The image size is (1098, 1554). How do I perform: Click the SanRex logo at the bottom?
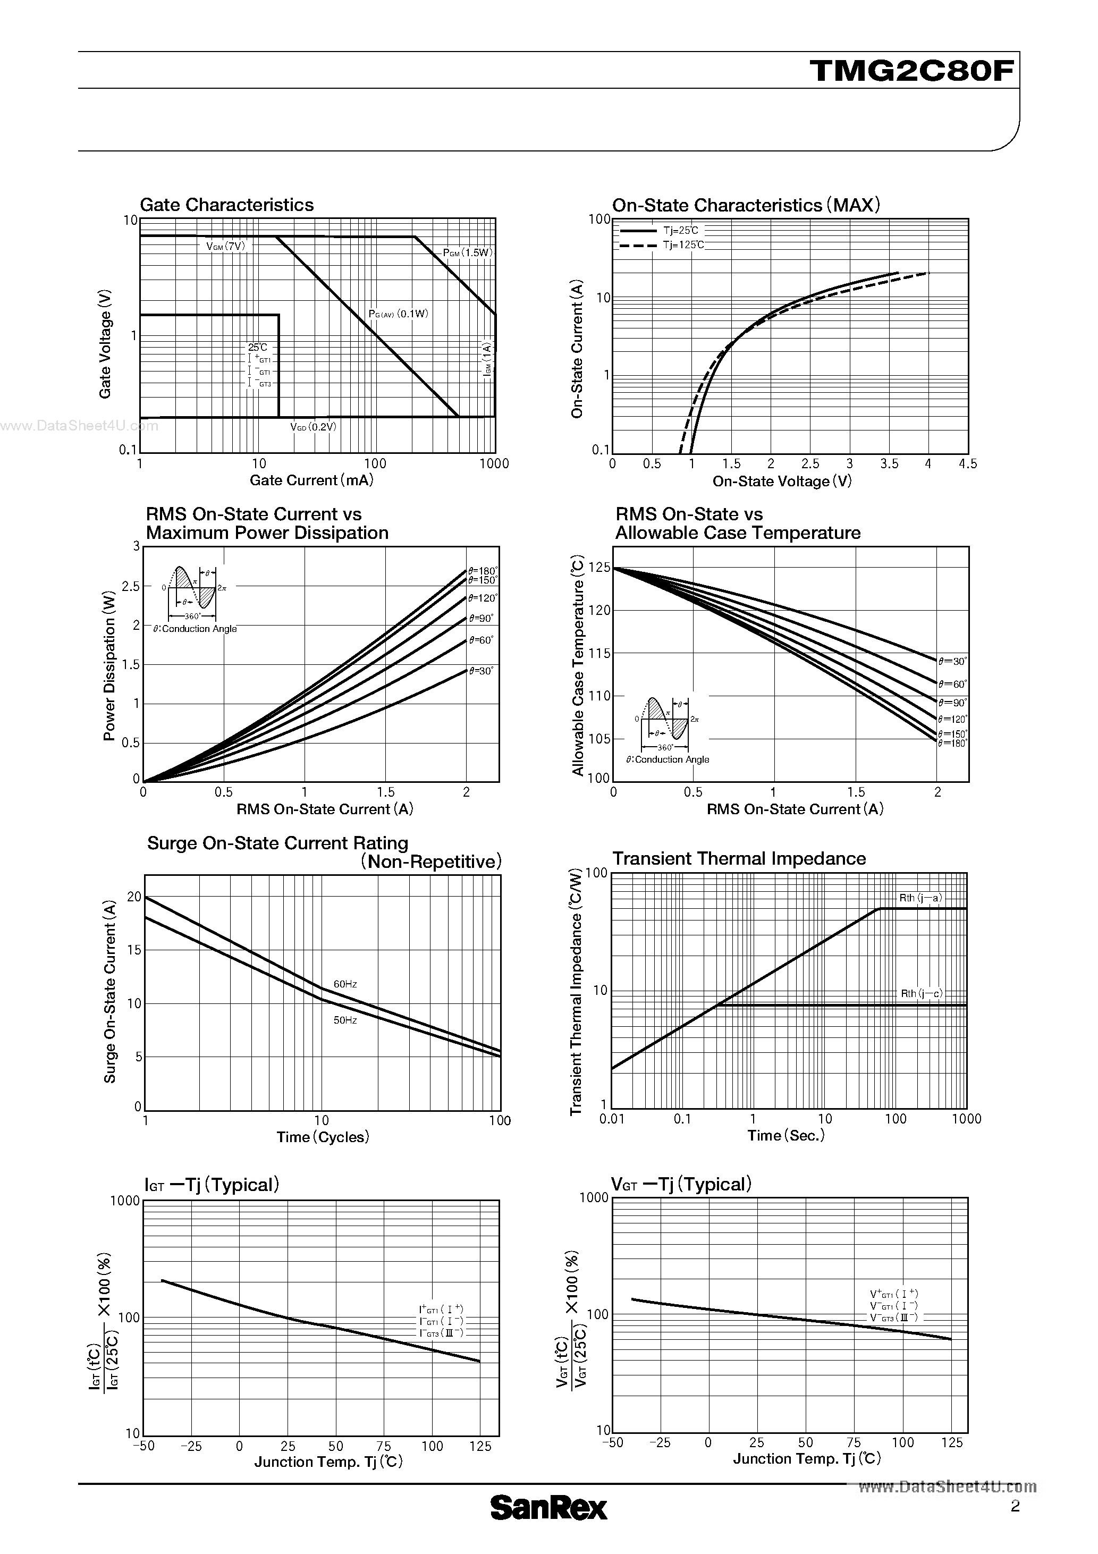tap(548, 1507)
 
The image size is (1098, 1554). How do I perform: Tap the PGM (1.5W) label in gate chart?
tap(467, 252)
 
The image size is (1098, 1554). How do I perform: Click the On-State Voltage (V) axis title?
tap(782, 481)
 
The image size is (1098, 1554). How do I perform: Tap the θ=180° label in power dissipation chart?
tap(483, 571)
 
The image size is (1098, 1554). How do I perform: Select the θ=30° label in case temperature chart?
tap(952, 661)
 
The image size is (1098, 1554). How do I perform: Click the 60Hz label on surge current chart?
tap(345, 984)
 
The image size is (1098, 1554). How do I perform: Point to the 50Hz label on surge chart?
tap(345, 1020)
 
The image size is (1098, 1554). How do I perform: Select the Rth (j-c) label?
tap(920, 994)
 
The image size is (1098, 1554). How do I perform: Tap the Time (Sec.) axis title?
tap(786, 1136)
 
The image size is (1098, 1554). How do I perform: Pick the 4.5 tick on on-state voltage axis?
tap(968, 463)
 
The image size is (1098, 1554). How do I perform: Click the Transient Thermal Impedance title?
tap(739, 858)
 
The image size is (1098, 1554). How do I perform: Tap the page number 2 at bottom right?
tap(1015, 1506)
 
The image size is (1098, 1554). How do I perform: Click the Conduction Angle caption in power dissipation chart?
tap(195, 629)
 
